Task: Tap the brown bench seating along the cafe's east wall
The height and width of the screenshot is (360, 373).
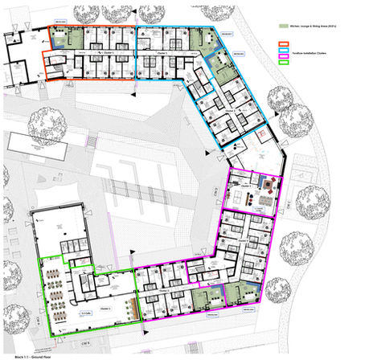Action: (126, 290)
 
